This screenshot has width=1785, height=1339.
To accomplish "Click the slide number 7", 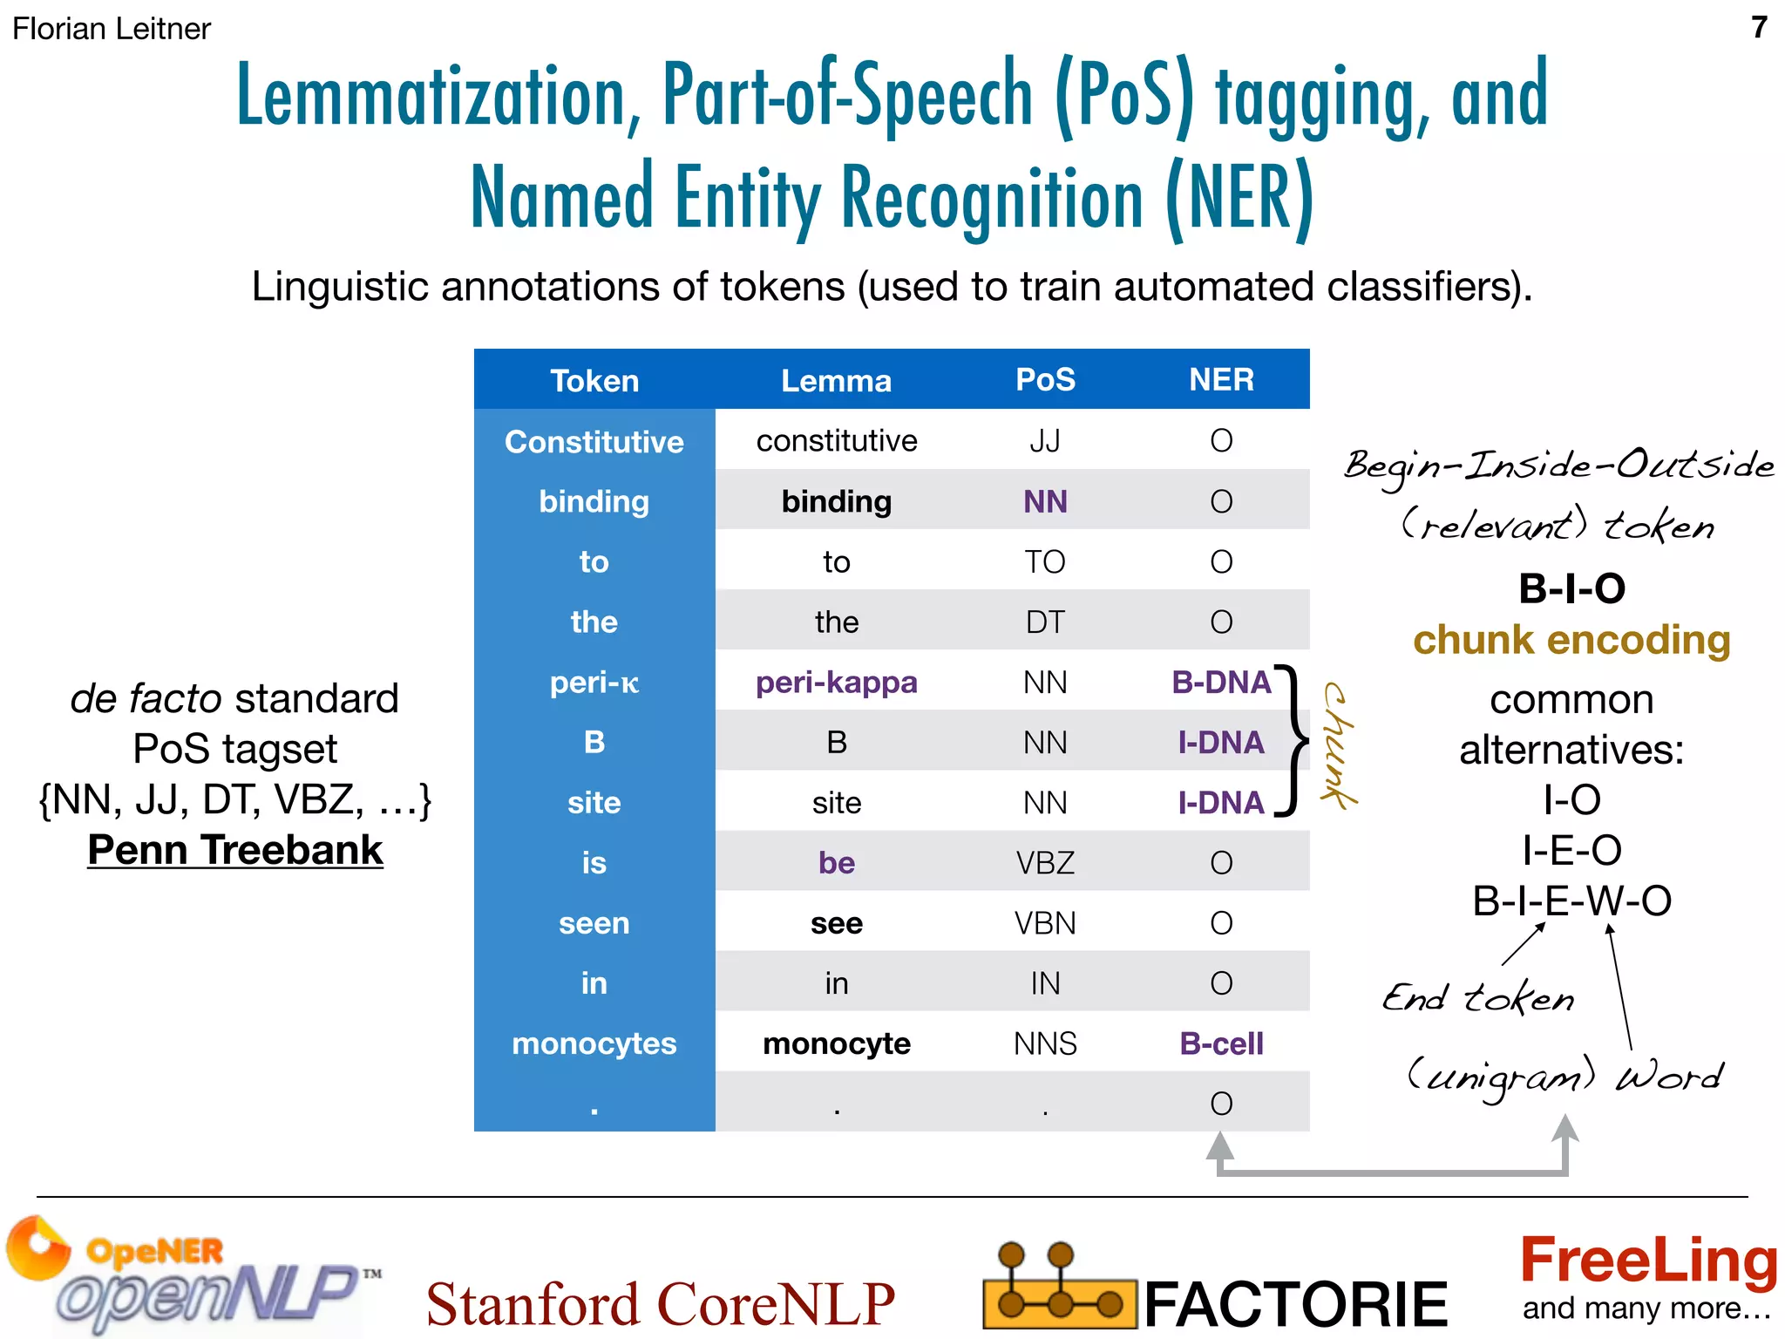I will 1759,28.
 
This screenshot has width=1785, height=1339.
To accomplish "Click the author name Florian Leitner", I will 112,29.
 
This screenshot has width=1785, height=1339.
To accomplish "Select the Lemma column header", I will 836,381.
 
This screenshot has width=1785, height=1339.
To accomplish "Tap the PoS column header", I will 1045,380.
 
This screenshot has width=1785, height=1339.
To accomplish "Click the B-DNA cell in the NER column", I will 1220,682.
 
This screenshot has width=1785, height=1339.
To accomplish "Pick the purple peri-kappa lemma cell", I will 836,682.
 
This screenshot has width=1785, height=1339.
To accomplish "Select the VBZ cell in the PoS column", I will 1045,863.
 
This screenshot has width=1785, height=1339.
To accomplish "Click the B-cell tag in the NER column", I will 1220,1043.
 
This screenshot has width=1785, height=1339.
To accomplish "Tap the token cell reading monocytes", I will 594,1043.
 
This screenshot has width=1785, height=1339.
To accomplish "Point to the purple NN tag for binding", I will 1045,501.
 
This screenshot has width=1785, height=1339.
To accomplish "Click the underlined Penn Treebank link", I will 235,850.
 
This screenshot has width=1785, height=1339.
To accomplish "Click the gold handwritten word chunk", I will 1338,745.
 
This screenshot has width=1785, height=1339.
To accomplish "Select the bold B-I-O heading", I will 1571,588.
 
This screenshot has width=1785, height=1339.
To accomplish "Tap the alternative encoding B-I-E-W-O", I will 1571,901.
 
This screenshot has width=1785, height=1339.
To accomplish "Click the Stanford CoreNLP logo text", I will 660,1304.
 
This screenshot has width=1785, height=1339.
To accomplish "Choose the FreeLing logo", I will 1647,1261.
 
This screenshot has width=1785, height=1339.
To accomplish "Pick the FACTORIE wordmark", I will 1295,1304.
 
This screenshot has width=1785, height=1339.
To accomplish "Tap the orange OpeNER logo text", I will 154,1251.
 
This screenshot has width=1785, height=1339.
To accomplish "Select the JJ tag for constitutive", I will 1045,441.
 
